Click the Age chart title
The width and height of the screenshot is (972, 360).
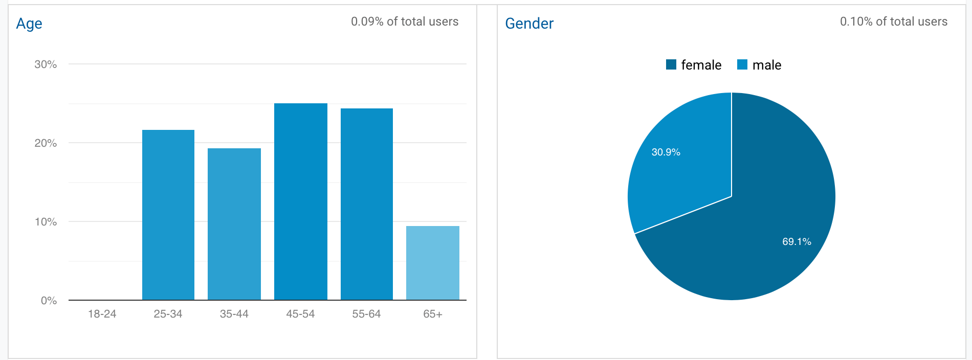pyautogui.click(x=29, y=24)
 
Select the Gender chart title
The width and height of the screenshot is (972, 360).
pyautogui.click(x=529, y=24)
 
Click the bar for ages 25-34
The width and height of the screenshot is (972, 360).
pyautogui.click(x=168, y=215)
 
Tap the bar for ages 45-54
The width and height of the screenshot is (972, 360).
pyautogui.click(x=301, y=201)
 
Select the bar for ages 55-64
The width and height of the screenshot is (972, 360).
pyautogui.click(x=367, y=204)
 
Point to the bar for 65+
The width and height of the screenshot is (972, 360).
pyautogui.click(x=433, y=263)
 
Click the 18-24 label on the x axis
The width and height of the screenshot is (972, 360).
pyautogui.click(x=102, y=314)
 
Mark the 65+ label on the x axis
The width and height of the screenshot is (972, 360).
pyautogui.click(x=433, y=314)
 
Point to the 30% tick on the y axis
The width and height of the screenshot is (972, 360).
pyautogui.click(x=46, y=64)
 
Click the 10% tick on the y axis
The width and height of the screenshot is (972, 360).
pyautogui.click(x=46, y=222)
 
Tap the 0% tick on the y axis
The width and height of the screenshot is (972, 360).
pyautogui.click(x=49, y=301)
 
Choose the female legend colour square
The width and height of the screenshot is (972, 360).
pyautogui.click(x=671, y=64)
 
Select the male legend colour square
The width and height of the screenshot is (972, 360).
pyautogui.click(x=742, y=64)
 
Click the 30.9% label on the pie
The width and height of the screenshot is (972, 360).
pyautogui.click(x=666, y=152)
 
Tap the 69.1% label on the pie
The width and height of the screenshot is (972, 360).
pyautogui.click(x=797, y=242)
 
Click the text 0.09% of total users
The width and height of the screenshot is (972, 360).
pyautogui.click(x=405, y=21)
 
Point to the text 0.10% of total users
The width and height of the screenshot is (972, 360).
pyautogui.click(x=894, y=21)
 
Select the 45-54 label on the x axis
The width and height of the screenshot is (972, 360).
pyautogui.click(x=300, y=314)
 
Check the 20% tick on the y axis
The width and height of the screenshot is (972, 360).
pyautogui.click(x=46, y=143)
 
